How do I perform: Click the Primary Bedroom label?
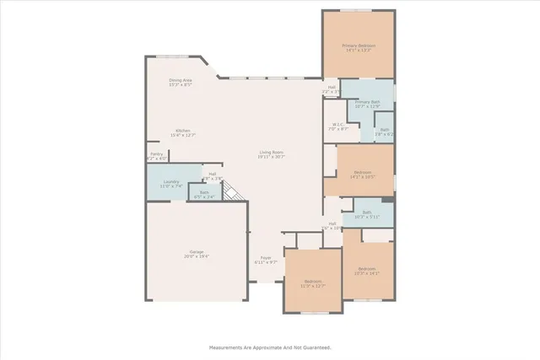point(359,45)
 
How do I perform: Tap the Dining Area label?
point(181,80)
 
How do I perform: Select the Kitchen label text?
point(183,131)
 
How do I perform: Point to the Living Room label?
point(272,152)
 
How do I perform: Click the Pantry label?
point(156,153)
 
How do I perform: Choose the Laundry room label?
point(171,181)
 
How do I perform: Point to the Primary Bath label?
point(368,101)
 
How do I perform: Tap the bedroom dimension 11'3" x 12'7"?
point(314,286)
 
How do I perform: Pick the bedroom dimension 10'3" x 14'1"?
point(367,274)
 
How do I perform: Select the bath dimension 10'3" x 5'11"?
point(367,218)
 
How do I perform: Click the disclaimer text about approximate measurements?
point(270,347)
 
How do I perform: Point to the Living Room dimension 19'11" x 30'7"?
point(272,157)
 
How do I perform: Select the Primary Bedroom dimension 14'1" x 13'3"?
point(359,50)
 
